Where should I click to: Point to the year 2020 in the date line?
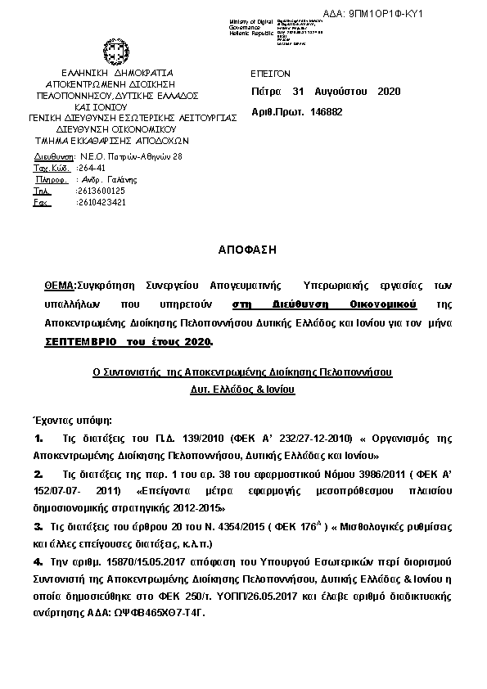pyautogui.click(x=389, y=92)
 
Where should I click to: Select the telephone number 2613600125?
pyautogui.click(x=100, y=191)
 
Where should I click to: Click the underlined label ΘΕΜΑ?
pyautogui.click(x=59, y=286)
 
